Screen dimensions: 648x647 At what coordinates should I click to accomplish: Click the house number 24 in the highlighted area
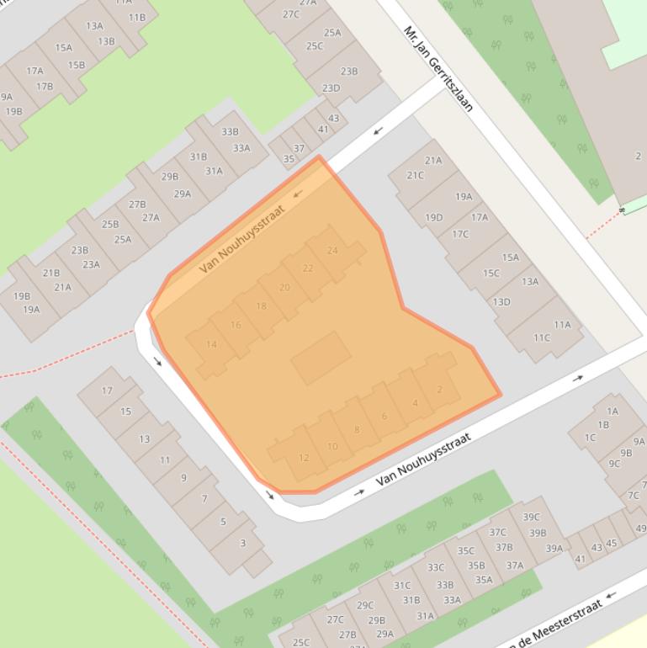point(332,250)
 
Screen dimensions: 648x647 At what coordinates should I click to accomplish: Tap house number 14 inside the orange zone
point(211,344)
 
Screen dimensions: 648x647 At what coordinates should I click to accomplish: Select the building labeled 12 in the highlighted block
point(304,458)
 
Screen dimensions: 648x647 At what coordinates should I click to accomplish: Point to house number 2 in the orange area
point(439,389)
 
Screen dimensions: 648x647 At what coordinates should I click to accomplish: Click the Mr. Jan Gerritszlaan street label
point(438,68)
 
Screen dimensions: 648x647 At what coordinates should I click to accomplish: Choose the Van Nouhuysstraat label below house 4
point(422,459)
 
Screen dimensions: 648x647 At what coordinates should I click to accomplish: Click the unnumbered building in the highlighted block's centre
point(321,358)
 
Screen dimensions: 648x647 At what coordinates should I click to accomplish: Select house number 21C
point(416,175)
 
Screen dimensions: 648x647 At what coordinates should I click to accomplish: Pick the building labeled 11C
point(541,337)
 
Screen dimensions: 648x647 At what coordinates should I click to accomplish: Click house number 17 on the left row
point(107,390)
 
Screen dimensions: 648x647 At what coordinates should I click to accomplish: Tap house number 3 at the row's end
point(242,543)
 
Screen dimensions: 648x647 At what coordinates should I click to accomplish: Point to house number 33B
point(230,132)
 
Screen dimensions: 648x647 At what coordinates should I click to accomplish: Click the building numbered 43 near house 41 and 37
point(333,119)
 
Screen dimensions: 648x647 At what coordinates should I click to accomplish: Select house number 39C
point(531,517)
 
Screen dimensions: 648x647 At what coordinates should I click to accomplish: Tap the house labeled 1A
point(613,411)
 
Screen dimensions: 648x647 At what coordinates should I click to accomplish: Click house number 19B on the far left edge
point(13,111)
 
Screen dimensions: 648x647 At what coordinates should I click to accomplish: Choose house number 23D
point(331,88)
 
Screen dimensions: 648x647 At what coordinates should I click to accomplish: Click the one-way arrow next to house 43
point(378,130)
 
